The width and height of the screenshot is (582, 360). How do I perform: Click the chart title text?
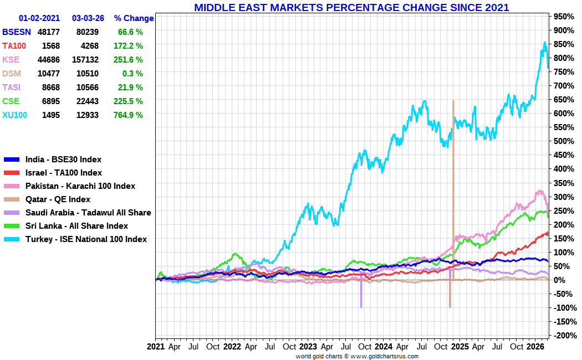tap(351, 7)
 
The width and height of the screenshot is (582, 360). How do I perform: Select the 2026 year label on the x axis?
tap(535, 347)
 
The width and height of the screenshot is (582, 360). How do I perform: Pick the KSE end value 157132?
tap(85, 59)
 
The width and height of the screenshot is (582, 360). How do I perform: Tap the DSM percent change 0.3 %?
tap(131, 73)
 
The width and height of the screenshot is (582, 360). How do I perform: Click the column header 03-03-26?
tap(88, 18)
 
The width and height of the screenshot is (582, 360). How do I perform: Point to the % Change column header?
tap(134, 18)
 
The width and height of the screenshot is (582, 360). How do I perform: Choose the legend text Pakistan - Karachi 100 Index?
tap(80, 186)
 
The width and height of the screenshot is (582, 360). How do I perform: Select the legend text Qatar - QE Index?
tap(58, 199)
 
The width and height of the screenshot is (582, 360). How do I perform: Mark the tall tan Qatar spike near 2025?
tap(453, 166)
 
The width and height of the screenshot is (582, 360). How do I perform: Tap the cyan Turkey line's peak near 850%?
tap(544, 43)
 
